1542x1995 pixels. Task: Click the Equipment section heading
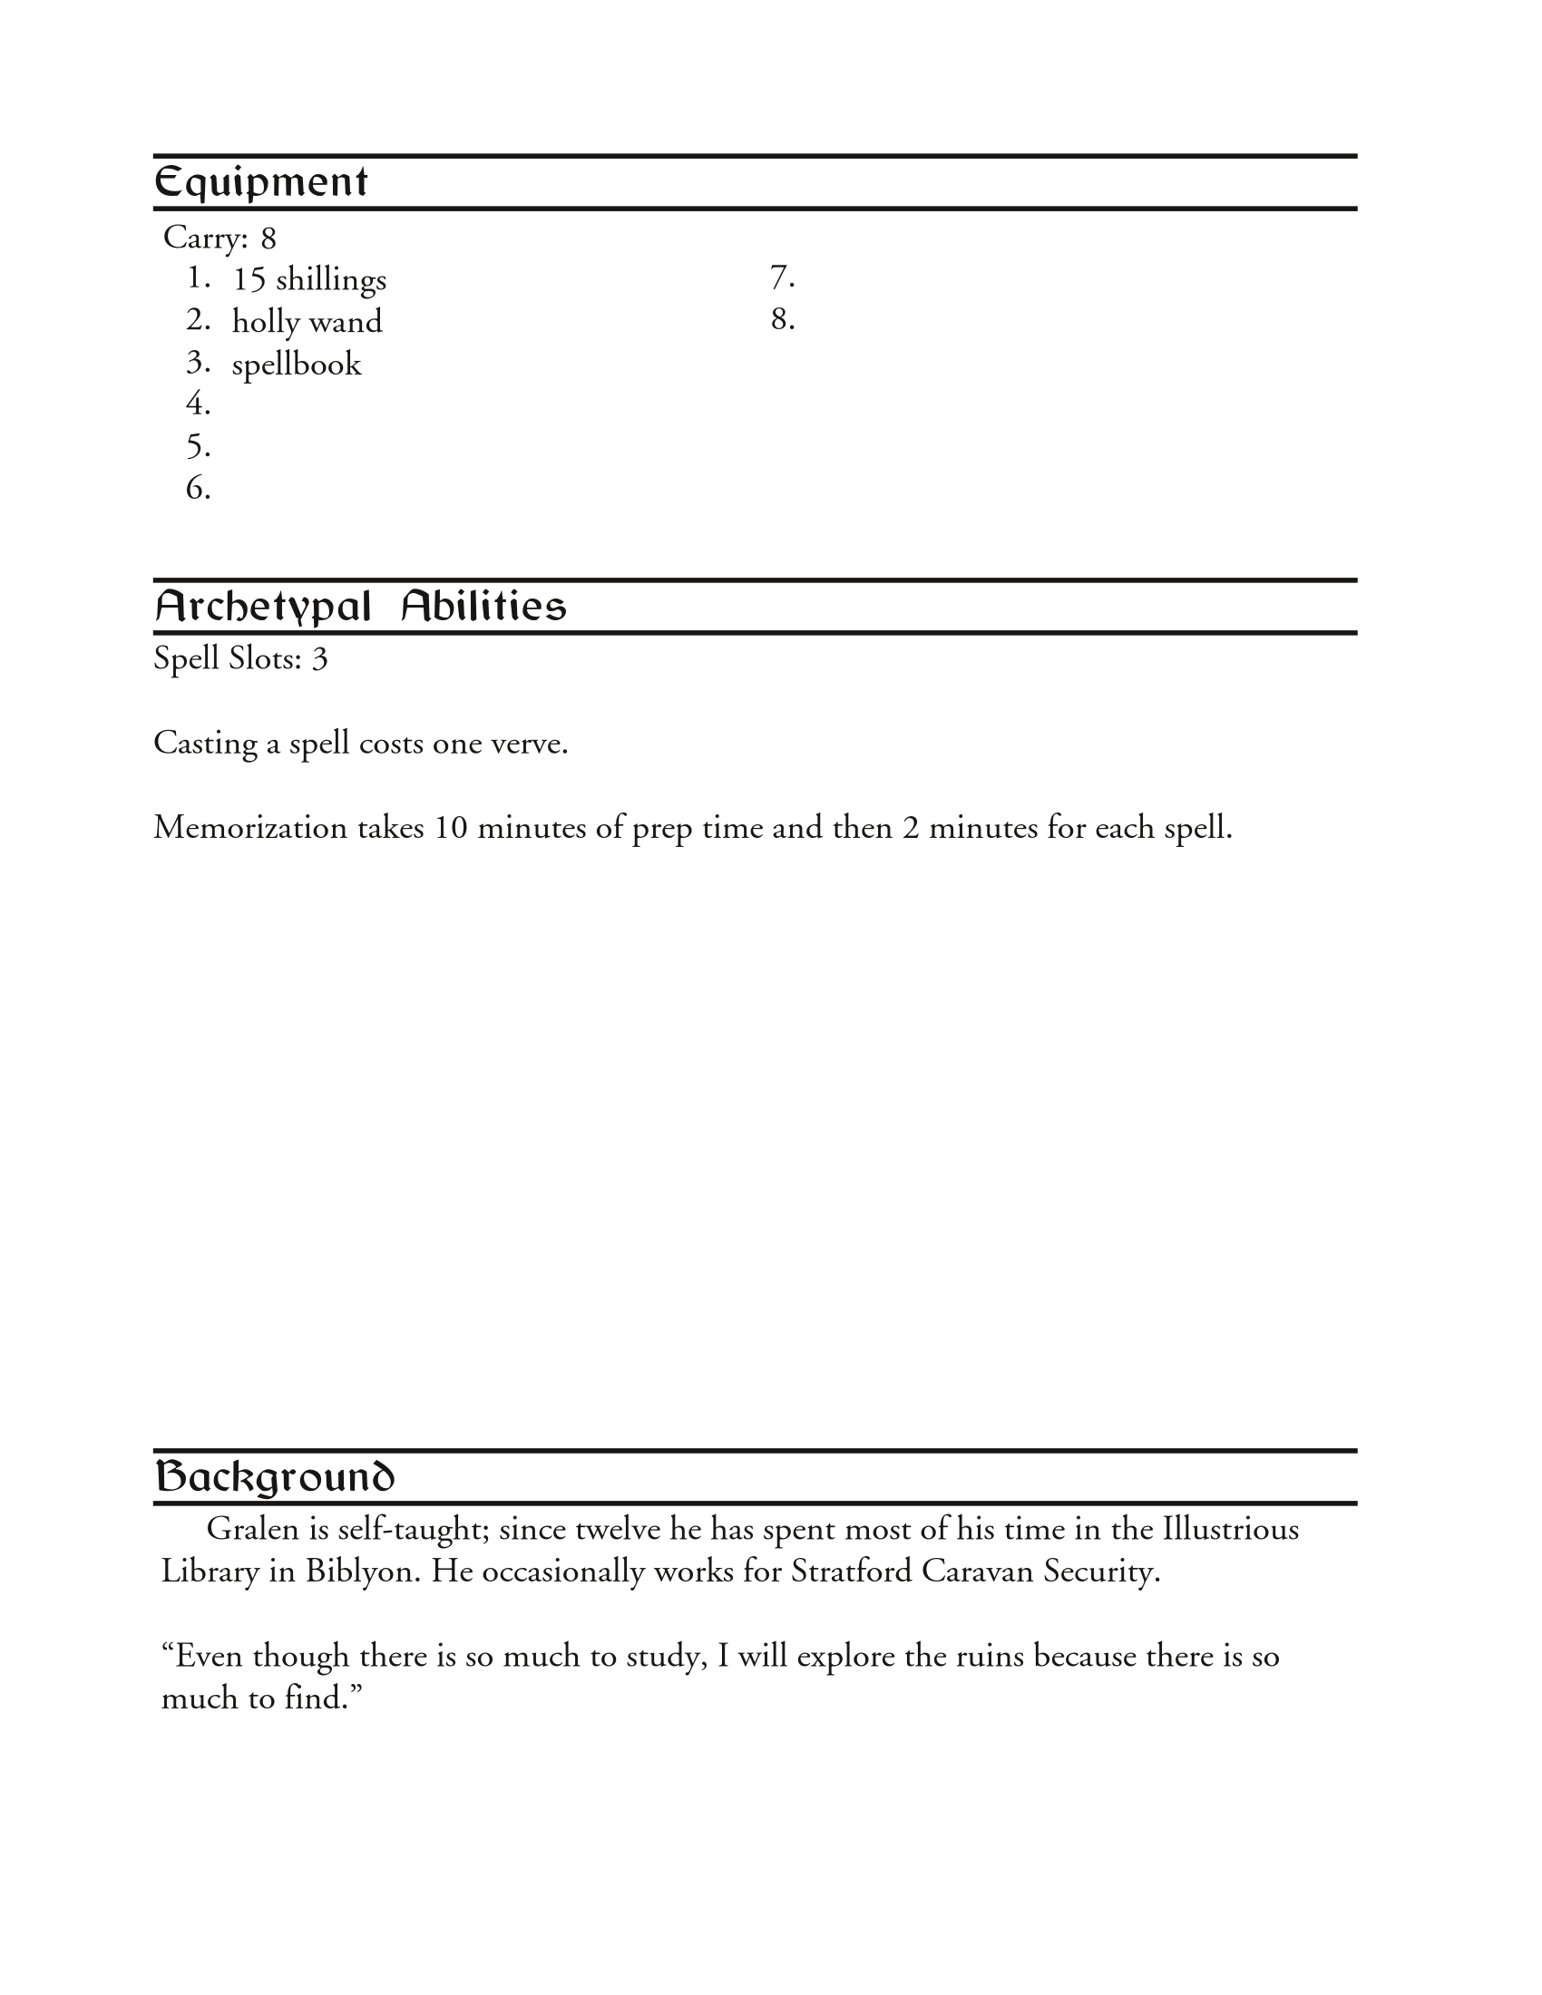coord(260,182)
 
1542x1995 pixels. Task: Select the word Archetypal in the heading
coord(263,607)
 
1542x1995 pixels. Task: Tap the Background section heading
coord(274,1477)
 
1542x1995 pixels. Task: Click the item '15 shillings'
coord(308,279)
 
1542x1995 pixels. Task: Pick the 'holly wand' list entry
coord(307,322)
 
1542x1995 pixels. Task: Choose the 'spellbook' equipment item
coord(296,365)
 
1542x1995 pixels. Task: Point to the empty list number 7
coord(782,276)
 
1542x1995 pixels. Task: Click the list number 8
coord(782,319)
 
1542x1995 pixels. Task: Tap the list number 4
coord(198,403)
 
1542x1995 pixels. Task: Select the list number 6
coord(198,489)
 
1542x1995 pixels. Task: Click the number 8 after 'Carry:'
coord(268,238)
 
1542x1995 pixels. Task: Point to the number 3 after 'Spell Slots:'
coord(318,658)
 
